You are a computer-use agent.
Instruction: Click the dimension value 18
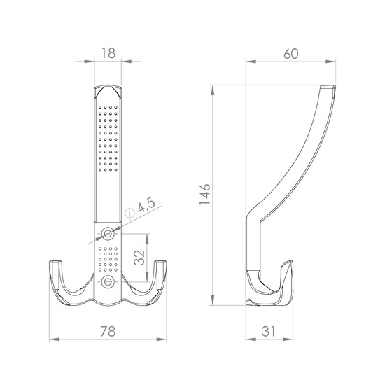(x=108, y=53)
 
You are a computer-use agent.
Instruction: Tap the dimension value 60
(x=291, y=54)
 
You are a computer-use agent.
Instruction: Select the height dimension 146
(x=205, y=194)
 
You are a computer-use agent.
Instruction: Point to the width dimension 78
(x=108, y=332)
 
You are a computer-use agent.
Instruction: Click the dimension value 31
(x=269, y=332)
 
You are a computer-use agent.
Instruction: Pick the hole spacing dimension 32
(x=139, y=258)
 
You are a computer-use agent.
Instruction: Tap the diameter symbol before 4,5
(x=129, y=213)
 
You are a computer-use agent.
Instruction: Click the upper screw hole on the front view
(x=108, y=234)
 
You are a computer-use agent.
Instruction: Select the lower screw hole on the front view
(x=108, y=282)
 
